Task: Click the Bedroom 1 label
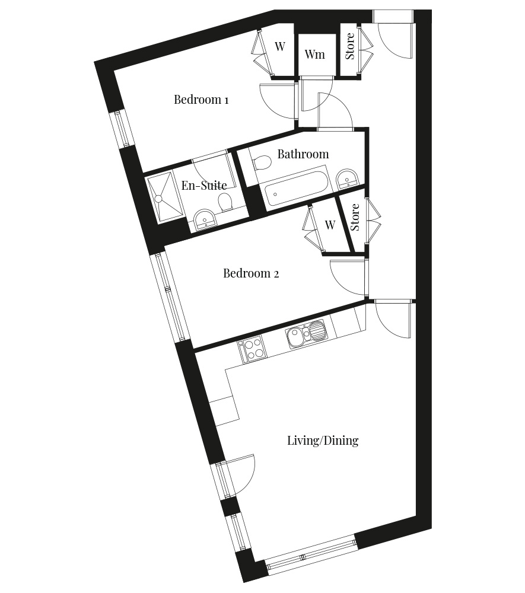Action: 201,100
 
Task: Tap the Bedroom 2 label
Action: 251,273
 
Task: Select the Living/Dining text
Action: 323,441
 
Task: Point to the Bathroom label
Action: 303,154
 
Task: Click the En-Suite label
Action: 204,185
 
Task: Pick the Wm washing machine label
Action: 314,54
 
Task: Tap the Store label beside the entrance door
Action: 350,46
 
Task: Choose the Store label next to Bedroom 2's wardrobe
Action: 354,217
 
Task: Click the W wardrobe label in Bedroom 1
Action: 280,46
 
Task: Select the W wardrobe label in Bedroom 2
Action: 330,225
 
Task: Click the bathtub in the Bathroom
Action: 296,190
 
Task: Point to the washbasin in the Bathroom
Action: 347,178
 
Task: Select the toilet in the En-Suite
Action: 225,202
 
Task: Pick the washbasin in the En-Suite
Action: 205,219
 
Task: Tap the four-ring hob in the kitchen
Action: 251,349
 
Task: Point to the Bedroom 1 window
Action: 123,129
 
